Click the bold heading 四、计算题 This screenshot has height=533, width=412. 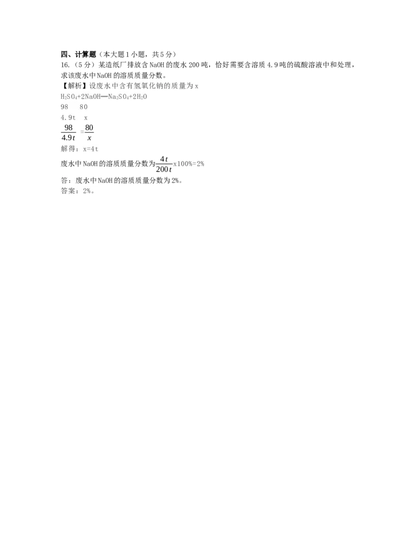[78, 55]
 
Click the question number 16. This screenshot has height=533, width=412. [65, 65]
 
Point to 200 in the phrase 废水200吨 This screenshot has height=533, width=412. [194, 65]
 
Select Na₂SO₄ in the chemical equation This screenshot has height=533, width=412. [118, 97]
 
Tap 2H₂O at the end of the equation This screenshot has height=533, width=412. [140, 97]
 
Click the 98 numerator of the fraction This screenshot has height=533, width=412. [68, 128]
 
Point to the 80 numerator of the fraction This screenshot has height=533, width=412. [89, 128]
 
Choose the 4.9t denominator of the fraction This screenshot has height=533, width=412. [68, 137]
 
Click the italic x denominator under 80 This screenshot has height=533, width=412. [89, 138]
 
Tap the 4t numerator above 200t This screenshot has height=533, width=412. [164, 159]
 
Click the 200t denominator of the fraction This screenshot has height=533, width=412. [164, 169]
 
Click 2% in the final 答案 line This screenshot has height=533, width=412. [87, 191]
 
